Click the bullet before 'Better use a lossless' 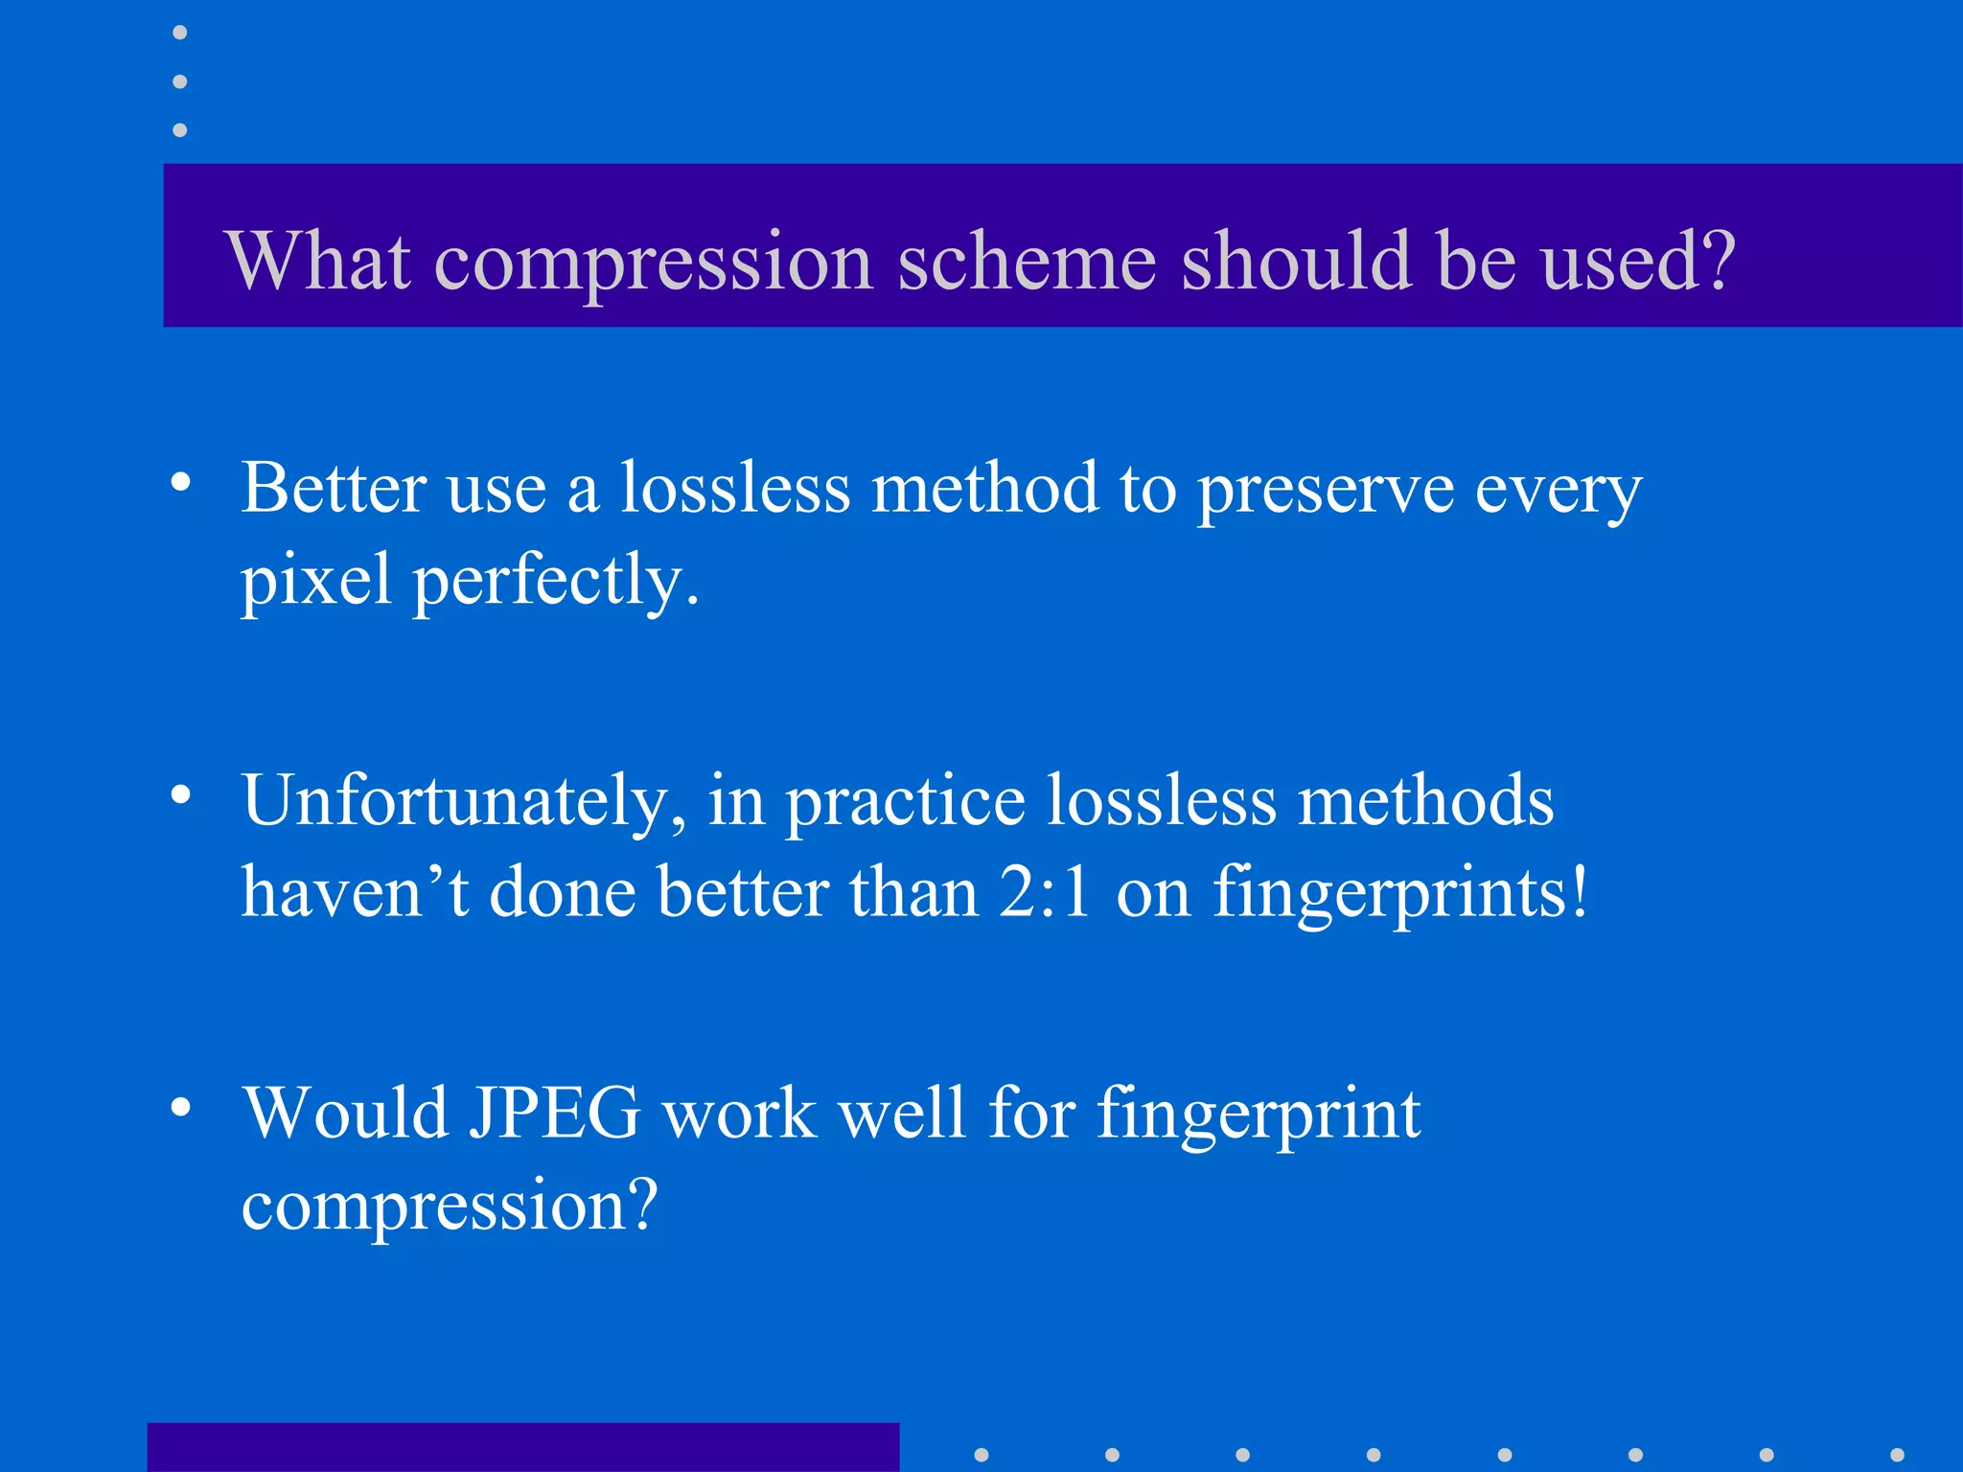point(181,482)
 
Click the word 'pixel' point(315,582)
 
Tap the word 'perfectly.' point(556,582)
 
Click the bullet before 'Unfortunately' point(181,794)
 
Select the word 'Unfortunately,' point(464,802)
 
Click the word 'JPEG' point(554,1114)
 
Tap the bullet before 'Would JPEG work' point(181,1108)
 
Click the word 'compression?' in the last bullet point(450,1207)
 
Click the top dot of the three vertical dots point(179,33)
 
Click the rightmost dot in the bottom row point(1897,1455)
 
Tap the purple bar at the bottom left point(522,1447)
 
